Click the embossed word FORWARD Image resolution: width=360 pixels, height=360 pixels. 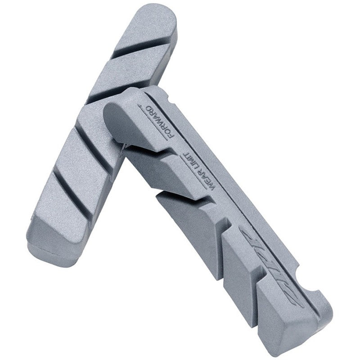click(161, 121)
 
